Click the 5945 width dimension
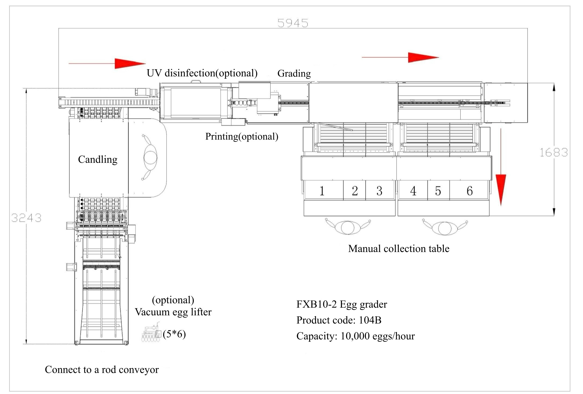(x=293, y=23)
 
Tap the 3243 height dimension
(x=26, y=218)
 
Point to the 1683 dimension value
(x=553, y=153)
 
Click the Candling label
(x=98, y=159)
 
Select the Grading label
(x=294, y=73)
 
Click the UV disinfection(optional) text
(x=202, y=73)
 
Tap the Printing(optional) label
(x=242, y=136)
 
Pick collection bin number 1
(x=322, y=191)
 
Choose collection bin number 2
(x=355, y=191)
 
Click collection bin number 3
(x=379, y=191)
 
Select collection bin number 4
(x=413, y=191)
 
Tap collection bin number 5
(x=438, y=191)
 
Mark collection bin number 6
(x=469, y=191)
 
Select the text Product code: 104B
(x=339, y=320)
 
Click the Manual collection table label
(x=399, y=249)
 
